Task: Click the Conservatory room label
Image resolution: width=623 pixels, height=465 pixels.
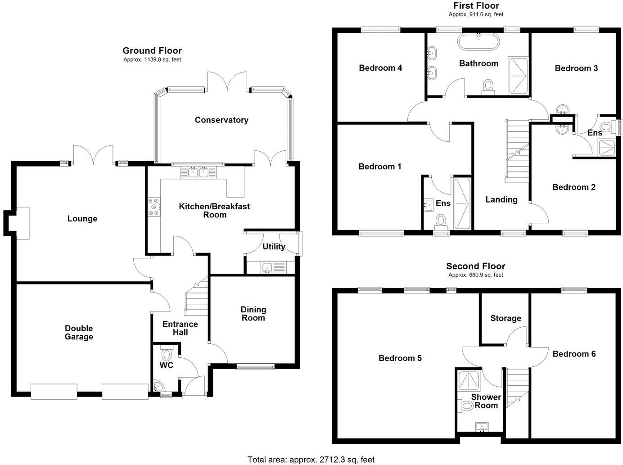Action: [221, 120]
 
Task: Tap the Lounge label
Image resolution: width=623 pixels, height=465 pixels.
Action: [82, 219]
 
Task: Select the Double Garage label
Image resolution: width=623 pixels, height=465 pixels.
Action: [79, 333]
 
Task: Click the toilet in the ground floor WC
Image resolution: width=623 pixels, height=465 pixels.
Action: [166, 353]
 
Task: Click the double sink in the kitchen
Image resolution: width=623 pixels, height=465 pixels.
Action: [198, 172]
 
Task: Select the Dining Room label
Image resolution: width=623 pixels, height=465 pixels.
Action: [253, 314]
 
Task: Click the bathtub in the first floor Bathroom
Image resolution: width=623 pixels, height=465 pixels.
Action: [478, 42]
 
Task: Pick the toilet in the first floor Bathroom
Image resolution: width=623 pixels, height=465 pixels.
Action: [488, 86]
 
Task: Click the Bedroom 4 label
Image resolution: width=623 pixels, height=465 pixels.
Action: [380, 68]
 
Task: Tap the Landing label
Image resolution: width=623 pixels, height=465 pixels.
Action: [501, 200]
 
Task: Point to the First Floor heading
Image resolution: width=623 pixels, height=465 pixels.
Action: [476, 6]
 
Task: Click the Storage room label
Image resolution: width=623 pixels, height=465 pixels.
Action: [506, 318]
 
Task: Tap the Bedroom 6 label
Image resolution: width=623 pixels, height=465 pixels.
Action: [574, 354]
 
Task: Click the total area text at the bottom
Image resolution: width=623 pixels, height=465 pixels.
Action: [311, 460]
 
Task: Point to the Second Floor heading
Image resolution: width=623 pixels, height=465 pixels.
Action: [476, 266]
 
